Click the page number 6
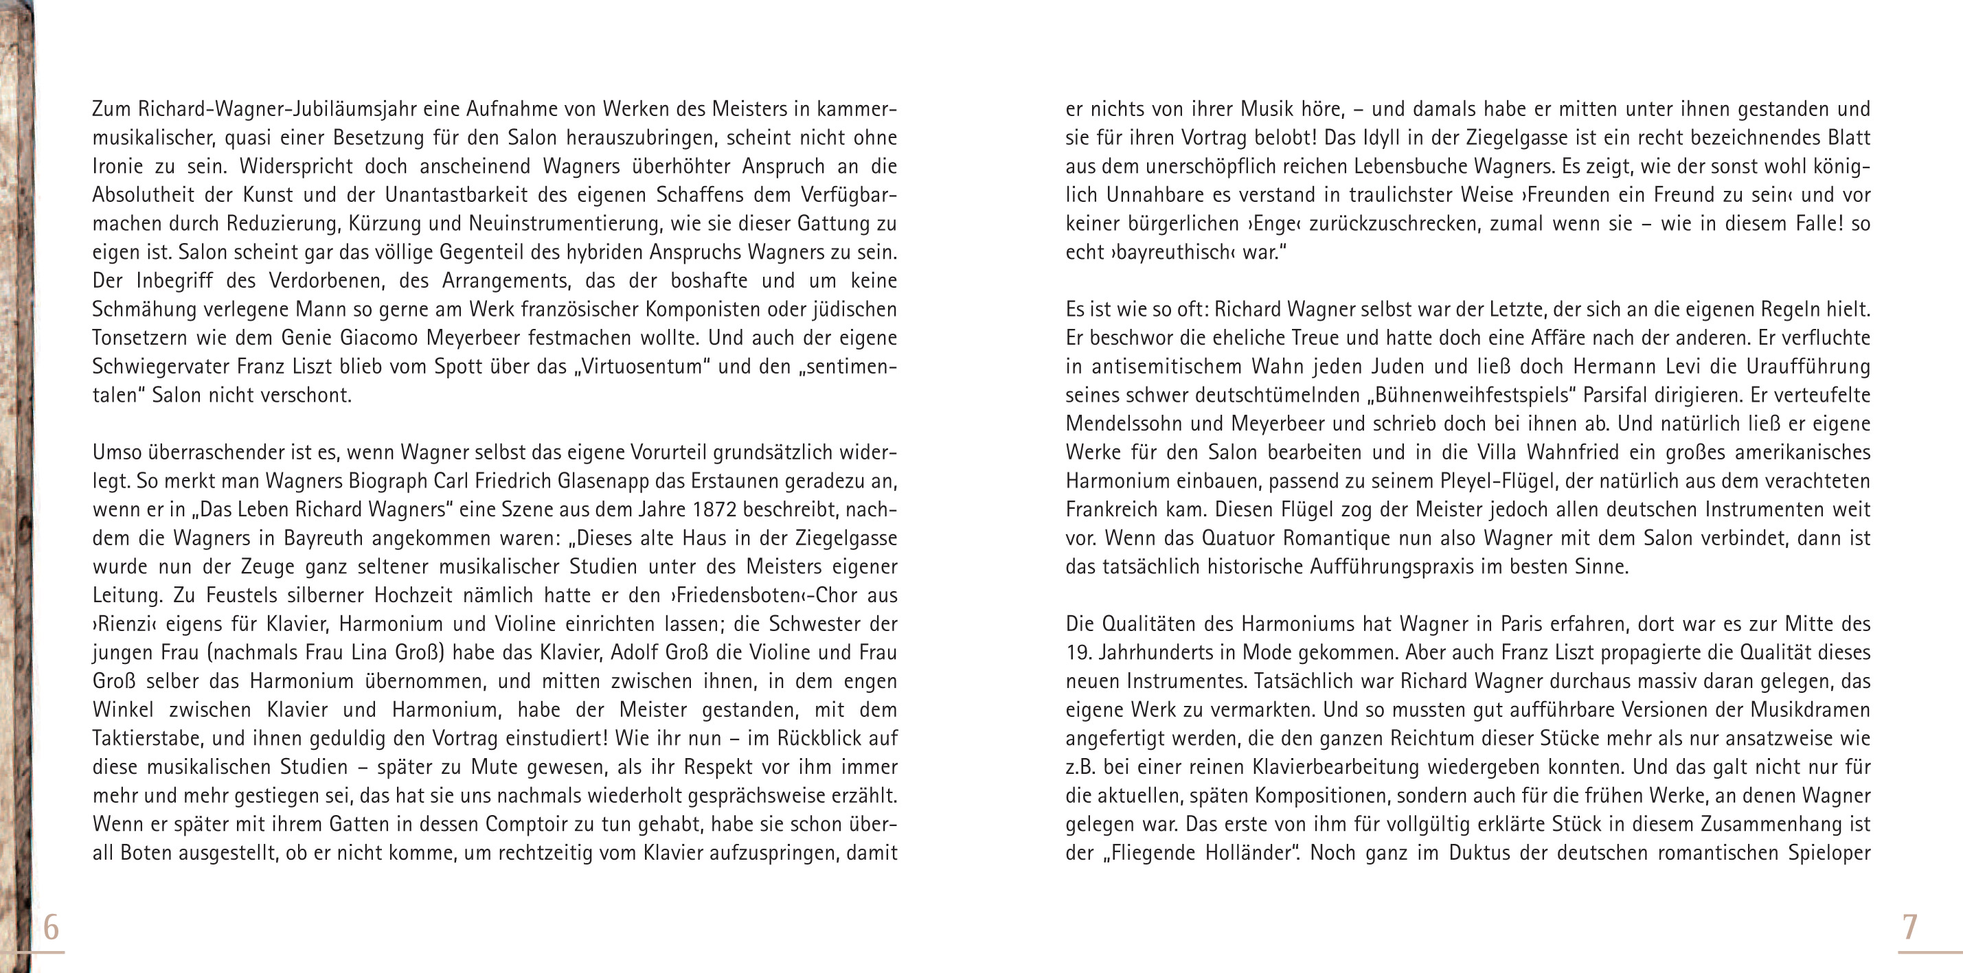[x=51, y=927]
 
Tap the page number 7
[x=1909, y=927]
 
